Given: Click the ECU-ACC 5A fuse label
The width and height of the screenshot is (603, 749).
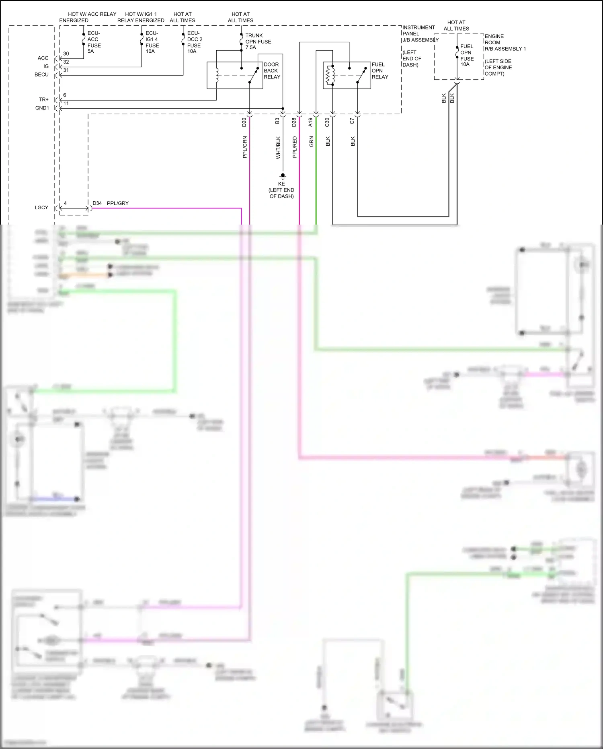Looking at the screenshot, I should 94,42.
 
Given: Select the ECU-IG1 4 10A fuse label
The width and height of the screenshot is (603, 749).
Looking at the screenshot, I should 152,42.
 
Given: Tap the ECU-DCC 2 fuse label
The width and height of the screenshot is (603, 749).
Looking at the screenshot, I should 194,42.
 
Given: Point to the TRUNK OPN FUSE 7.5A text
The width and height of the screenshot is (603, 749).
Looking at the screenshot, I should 258,41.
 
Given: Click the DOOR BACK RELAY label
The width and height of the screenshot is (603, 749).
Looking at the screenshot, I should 272,71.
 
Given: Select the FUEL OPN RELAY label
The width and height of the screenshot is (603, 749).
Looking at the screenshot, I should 379,71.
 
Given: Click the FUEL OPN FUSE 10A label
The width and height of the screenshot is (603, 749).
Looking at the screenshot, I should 467,56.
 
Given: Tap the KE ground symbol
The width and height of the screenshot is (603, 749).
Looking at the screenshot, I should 283,176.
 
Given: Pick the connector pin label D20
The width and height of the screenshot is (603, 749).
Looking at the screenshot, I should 244,122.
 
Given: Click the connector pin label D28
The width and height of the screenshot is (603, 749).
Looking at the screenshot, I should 294,122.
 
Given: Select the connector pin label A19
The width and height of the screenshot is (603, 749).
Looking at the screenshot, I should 310,122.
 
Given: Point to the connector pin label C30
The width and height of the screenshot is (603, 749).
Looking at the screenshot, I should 327,122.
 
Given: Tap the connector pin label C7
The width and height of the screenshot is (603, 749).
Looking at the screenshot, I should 352,121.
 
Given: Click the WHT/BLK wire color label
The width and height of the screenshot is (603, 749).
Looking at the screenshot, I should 278,148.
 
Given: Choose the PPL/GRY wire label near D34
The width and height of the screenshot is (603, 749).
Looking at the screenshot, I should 117,203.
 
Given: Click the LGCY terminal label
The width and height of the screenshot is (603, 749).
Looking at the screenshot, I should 41,208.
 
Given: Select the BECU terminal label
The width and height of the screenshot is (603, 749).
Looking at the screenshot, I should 41,75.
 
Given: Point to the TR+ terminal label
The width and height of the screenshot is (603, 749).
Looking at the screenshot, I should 43,99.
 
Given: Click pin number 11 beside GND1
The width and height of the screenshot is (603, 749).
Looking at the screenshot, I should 66,103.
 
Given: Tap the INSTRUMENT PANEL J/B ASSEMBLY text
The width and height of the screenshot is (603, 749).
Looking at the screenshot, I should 420,34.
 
